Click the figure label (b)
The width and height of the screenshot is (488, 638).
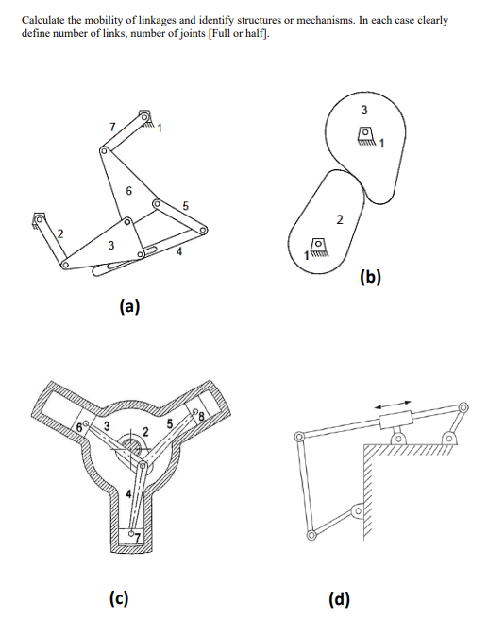[371, 277]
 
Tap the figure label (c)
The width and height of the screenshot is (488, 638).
[119, 597]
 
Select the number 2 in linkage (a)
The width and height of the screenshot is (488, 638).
[59, 234]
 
